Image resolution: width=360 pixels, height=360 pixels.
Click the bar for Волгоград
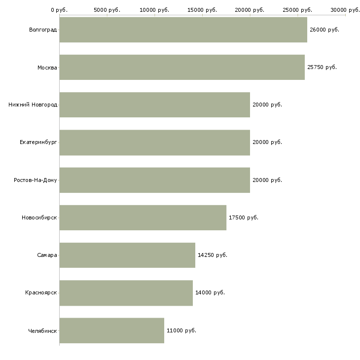(x=183, y=30)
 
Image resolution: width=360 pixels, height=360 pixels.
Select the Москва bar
(x=182, y=67)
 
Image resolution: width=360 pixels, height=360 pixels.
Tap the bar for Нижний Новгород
(x=155, y=105)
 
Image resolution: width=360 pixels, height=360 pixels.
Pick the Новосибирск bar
(x=143, y=217)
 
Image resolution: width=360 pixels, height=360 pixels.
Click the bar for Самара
(x=127, y=255)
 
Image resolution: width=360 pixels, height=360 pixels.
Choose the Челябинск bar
(x=112, y=330)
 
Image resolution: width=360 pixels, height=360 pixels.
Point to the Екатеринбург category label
(x=38, y=143)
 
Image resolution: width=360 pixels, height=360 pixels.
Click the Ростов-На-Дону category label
(x=36, y=180)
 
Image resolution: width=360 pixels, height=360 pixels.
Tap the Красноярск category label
(x=41, y=293)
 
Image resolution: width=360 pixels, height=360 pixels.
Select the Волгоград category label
(x=43, y=30)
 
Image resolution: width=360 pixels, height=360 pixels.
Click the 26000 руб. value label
(x=324, y=30)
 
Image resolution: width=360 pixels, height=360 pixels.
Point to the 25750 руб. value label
(x=322, y=67)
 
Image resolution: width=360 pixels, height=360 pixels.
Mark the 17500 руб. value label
(x=244, y=217)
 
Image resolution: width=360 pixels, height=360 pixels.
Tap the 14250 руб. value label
(x=213, y=255)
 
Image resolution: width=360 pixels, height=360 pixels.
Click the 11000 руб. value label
(x=181, y=330)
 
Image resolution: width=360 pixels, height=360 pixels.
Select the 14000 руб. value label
(x=210, y=293)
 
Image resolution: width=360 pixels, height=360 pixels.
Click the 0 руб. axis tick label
(x=59, y=10)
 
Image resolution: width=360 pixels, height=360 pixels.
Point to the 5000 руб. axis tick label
(x=107, y=10)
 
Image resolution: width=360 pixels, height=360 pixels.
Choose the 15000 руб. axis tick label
(x=202, y=10)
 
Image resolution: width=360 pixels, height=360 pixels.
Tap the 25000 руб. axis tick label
(x=297, y=10)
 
